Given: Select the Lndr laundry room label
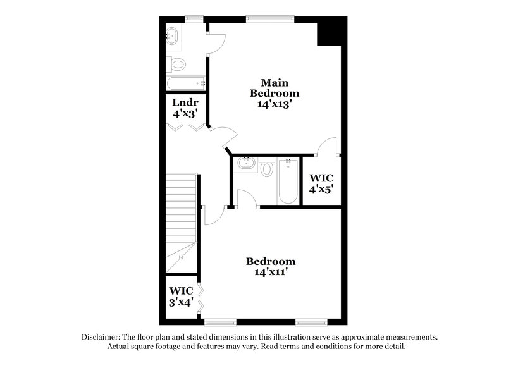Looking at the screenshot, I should pos(185,102).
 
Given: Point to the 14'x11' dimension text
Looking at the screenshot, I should pos(271,273).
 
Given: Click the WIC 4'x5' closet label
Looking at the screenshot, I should pos(321,183).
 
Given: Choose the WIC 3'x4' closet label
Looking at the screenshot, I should pos(180,296).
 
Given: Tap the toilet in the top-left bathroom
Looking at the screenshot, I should pos(177,64).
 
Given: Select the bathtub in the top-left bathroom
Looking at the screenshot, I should pos(186,83).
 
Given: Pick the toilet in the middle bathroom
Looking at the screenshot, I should pos(267,168).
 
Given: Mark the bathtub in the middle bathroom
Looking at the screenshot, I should pos(288,181).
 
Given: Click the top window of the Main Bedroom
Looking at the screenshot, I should pos(269,18).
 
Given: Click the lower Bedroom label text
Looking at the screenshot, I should pos(271,261).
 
